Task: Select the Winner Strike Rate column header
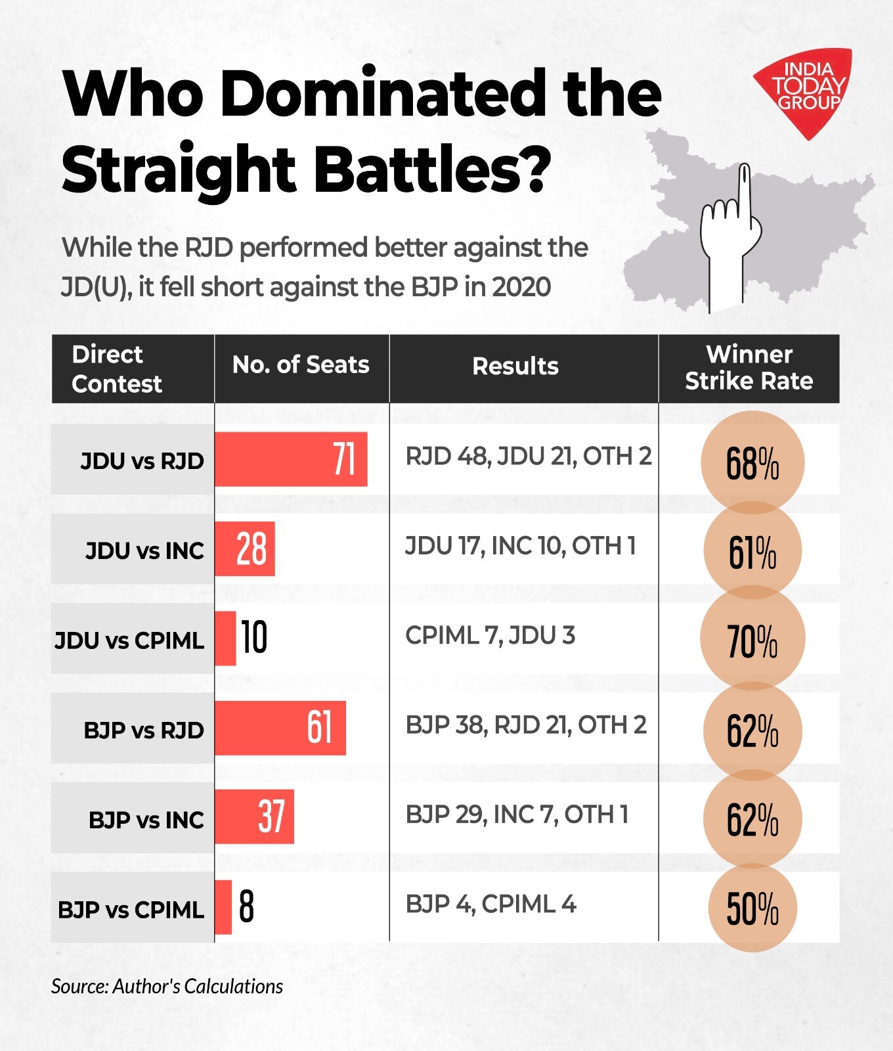(x=749, y=368)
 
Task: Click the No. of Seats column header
(x=301, y=365)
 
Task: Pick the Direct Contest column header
(x=116, y=369)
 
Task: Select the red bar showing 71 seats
(x=290, y=459)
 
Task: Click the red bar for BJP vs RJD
(x=280, y=728)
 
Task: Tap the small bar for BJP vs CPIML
(x=223, y=907)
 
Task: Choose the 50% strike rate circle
(x=752, y=909)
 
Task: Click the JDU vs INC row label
(x=144, y=550)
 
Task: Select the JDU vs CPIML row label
(x=129, y=640)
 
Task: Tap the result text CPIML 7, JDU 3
(x=490, y=636)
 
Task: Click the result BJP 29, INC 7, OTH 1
(x=517, y=815)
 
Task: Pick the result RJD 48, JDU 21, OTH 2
(x=528, y=456)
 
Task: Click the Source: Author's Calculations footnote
(x=167, y=986)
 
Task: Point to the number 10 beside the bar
(x=254, y=638)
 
